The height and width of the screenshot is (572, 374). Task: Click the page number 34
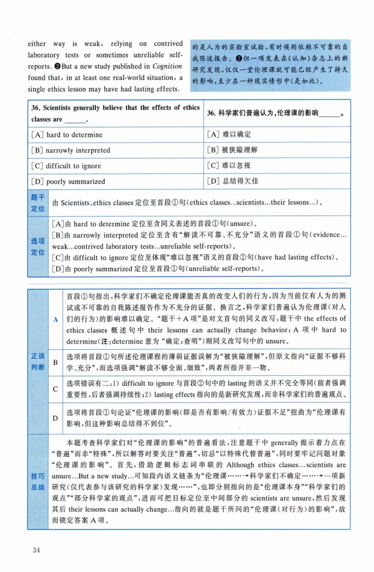point(36,549)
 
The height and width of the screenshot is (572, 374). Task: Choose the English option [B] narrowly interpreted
point(71,150)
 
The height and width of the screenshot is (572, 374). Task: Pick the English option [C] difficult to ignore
point(66,166)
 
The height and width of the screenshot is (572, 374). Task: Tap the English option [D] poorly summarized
point(68,181)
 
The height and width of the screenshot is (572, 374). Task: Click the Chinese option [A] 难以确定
point(229,134)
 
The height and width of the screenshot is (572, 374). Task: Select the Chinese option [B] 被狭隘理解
point(232,150)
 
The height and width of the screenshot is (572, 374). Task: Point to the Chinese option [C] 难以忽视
point(229,166)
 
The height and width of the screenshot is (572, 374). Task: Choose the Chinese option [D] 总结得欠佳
point(232,181)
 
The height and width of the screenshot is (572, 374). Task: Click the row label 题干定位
point(38,203)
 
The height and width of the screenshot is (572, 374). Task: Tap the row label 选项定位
point(38,246)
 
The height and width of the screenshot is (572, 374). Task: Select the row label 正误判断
point(38,361)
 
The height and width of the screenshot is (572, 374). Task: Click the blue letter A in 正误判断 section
point(56,319)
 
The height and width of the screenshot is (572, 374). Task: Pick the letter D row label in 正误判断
point(56,418)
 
